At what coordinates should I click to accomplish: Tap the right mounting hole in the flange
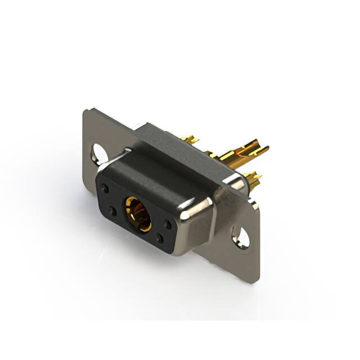point(240,236)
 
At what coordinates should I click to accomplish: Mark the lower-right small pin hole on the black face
point(160,238)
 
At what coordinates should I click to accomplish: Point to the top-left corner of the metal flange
point(86,111)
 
